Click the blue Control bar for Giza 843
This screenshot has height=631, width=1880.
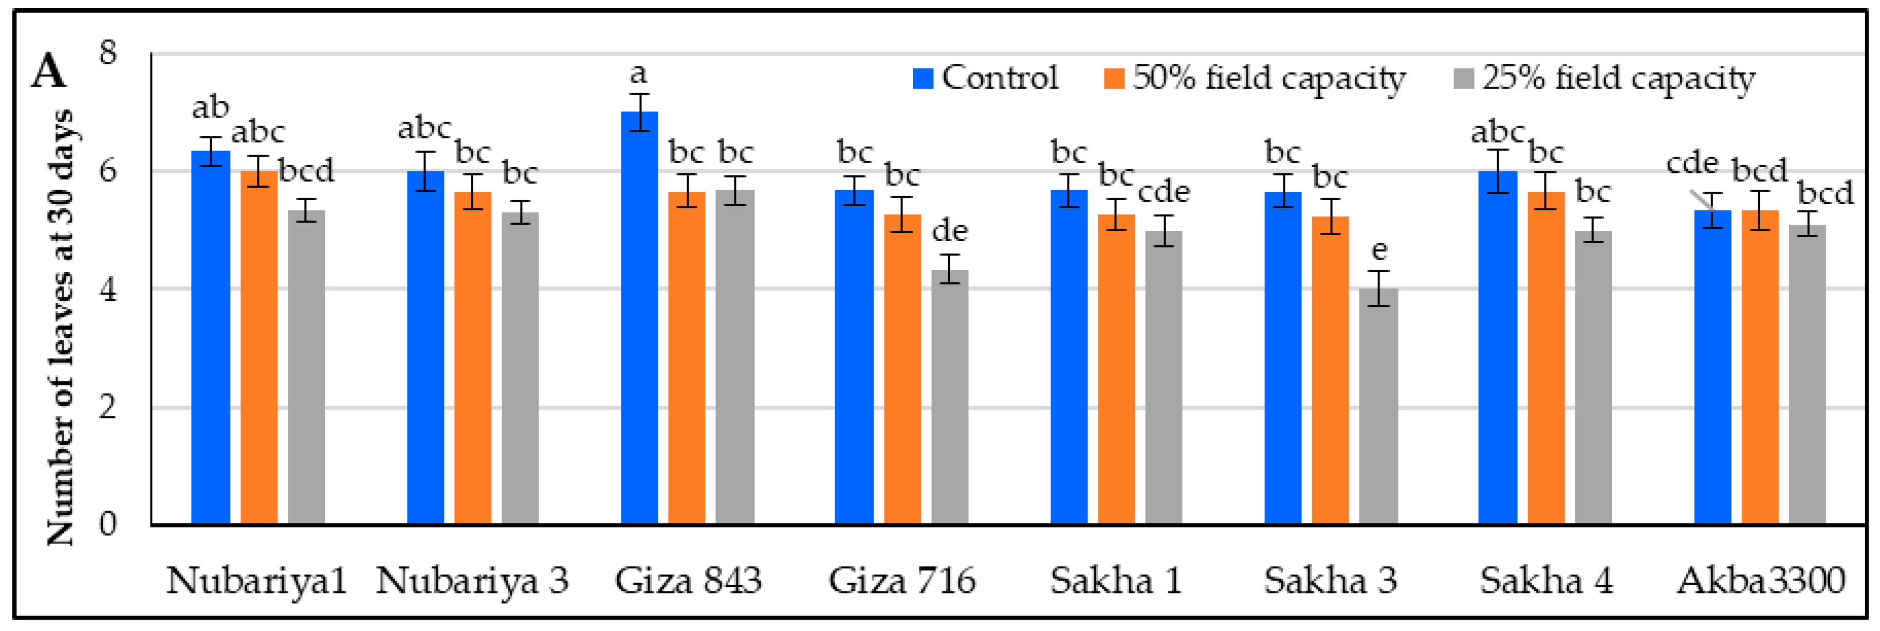(639, 318)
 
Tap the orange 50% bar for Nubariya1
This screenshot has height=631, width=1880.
(259, 347)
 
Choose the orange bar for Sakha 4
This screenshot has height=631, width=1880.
(1546, 358)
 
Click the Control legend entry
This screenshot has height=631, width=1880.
(985, 78)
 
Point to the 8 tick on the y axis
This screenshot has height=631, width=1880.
(108, 52)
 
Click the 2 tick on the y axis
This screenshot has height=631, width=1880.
(108, 407)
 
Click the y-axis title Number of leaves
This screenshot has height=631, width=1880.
(60, 327)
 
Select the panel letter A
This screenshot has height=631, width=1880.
(48, 71)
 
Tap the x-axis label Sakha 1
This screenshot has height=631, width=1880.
(1115, 581)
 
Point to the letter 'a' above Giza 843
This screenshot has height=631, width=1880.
(639, 74)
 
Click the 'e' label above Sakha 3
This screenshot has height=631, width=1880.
(1378, 250)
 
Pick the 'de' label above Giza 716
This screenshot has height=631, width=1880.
(949, 231)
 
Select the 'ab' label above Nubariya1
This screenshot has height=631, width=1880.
(210, 108)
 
